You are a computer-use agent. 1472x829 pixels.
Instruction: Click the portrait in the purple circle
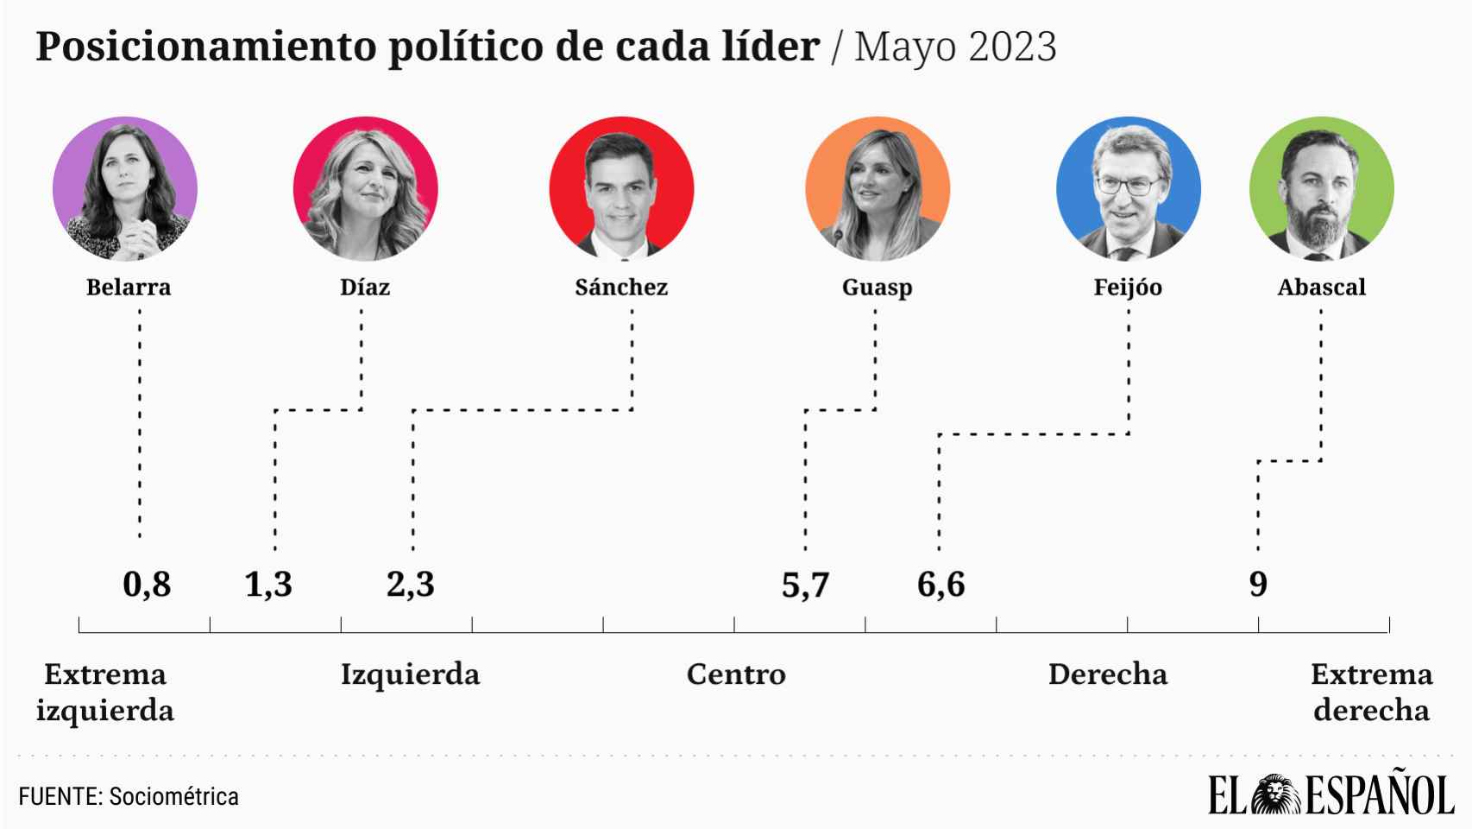pyautogui.click(x=125, y=188)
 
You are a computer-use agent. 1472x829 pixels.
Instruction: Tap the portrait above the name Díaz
pyautogui.click(x=365, y=188)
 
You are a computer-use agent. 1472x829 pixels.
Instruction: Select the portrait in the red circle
pyautogui.click(x=621, y=188)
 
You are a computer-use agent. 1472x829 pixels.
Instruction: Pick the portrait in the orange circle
pyautogui.click(x=878, y=188)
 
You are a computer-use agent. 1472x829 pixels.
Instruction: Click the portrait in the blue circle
pyautogui.click(x=1128, y=188)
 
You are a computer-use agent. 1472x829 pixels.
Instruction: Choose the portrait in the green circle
pyautogui.click(x=1321, y=188)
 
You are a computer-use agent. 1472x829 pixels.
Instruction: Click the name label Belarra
pyautogui.click(x=129, y=288)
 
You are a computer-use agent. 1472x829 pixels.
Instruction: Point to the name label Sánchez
pyautogui.click(x=621, y=288)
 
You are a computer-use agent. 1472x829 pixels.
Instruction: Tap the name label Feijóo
pyautogui.click(x=1128, y=288)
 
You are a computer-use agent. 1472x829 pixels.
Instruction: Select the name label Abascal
pyautogui.click(x=1321, y=288)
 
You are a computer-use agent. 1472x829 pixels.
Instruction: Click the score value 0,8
pyautogui.click(x=147, y=585)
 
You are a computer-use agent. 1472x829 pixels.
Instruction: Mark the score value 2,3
pyautogui.click(x=410, y=585)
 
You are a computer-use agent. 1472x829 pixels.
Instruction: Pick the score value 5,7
pyautogui.click(x=805, y=585)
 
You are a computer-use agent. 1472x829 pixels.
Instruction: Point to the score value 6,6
pyautogui.click(x=940, y=585)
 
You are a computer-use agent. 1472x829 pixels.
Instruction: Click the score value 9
pyautogui.click(x=1258, y=585)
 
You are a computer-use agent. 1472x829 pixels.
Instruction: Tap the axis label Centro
pyautogui.click(x=736, y=674)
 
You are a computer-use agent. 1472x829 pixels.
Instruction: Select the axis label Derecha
pyautogui.click(x=1107, y=674)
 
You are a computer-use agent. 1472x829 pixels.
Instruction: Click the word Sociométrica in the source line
pyautogui.click(x=173, y=796)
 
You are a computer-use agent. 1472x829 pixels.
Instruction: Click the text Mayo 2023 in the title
pyautogui.click(x=955, y=47)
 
